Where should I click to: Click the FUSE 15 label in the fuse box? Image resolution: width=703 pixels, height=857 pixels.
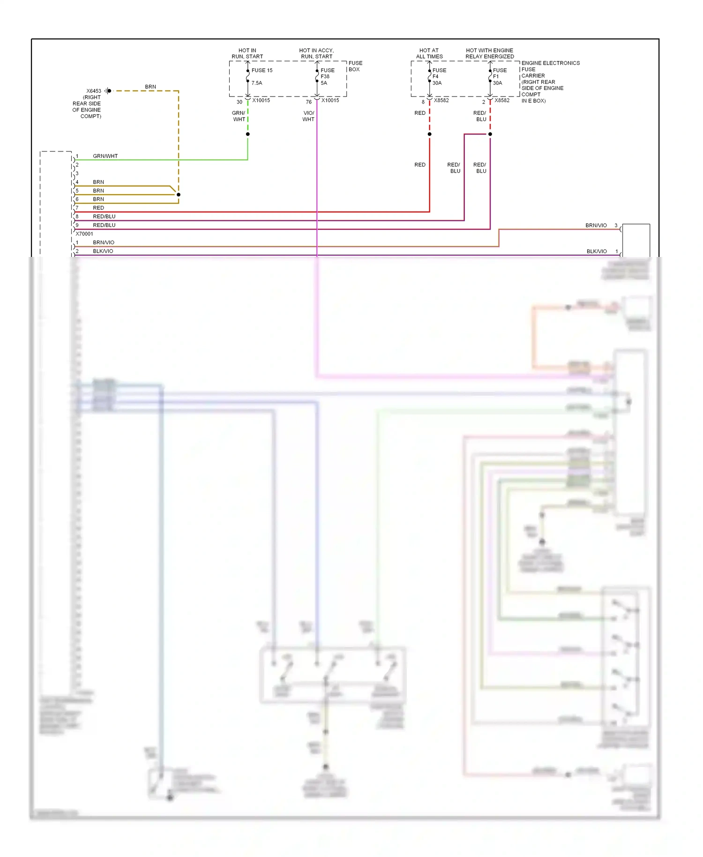[262, 70]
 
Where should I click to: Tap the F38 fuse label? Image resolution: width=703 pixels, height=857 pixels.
[325, 76]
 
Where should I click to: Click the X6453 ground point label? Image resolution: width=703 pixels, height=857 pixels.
[94, 91]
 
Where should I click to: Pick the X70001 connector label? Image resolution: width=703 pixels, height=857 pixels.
[84, 233]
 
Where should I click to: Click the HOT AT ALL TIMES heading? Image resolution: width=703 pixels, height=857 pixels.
[429, 53]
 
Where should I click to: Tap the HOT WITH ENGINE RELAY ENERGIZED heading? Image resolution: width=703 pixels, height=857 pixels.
[489, 53]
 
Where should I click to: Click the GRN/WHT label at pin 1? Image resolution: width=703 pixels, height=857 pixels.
[105, 156]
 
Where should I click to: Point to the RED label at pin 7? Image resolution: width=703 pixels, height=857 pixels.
[98, 208]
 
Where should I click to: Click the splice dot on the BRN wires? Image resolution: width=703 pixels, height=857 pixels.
[179, 195]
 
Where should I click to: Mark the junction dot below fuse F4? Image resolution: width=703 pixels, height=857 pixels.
[429, 134]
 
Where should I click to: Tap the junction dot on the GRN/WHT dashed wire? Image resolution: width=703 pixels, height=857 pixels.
[248, 134]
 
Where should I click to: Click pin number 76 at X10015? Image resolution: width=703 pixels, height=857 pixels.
[308, 102]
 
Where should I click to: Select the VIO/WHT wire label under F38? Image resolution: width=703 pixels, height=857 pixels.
[308, 116]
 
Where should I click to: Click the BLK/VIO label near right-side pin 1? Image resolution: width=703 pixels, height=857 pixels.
[596, 251]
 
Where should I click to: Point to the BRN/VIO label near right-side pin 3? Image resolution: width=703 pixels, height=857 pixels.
[596, 226]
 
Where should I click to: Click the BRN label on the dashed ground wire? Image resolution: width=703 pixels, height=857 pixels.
[150, 87]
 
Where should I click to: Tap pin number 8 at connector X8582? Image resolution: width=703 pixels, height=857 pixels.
[423, 102]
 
